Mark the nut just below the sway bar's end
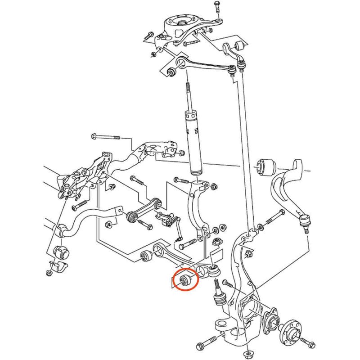[x=108, y=224]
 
